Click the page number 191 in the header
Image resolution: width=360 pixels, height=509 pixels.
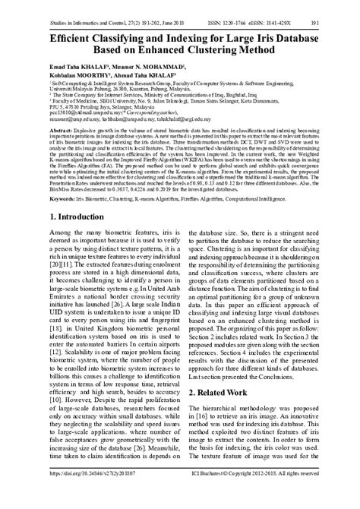coord(346,13)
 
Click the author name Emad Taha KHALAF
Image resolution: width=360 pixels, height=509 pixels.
coord(48,65)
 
